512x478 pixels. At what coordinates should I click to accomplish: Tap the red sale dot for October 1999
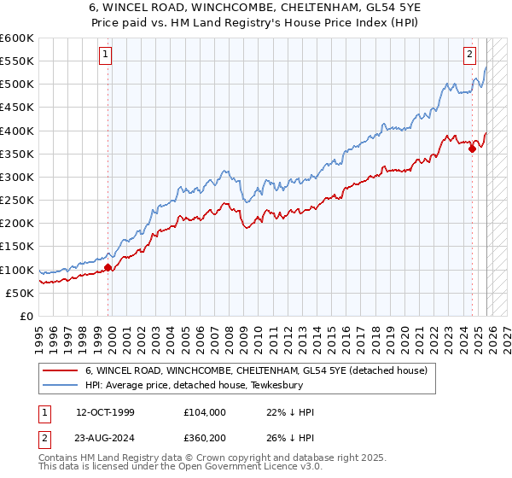coord(108,267)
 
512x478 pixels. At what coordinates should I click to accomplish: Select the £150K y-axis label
coord(17,247)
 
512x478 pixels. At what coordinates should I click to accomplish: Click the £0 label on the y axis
coord(26,316)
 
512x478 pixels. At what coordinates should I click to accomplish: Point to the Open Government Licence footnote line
coord(181,469)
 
